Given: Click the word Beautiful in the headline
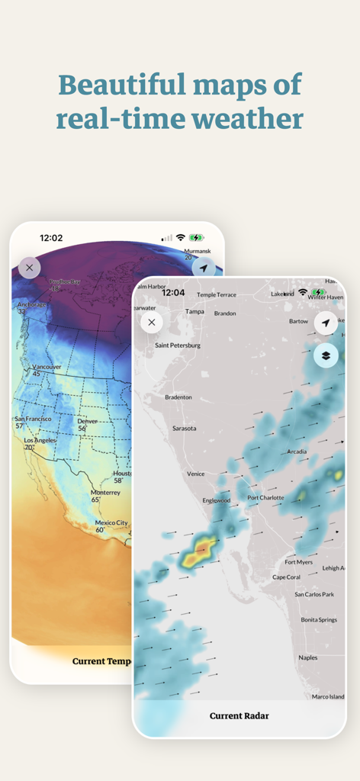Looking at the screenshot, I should pyautogui.click(x=116, y=84).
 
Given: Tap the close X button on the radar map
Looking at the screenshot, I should pyautogui.click(x=152, y=322).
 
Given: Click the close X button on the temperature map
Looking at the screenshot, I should pyautogui.click(x=29, y=268).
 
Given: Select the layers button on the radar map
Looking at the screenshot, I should pyautogui.click(x=326, y=355).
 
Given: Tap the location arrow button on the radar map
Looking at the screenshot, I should pyautogui.click(x=326, y=323).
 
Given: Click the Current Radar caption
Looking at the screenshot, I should pyautogui.click(x=239, y=715).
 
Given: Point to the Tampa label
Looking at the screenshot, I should pyautogui.click(x=194, y=312).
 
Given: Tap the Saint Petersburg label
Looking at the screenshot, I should pyautogui.click(x=178, y=345).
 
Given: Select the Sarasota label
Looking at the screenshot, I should pyautogui.click(x=184, y=429).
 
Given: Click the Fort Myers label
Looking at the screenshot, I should pyautogui.click(x=299, y=562).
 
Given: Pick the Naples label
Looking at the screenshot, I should pyautogui.click(x=308, y=657).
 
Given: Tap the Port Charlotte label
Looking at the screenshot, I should pyautogui.click(x=265, y=498).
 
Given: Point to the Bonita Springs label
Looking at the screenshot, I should pyautogui.click(x=319, y=620).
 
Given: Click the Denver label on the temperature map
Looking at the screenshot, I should pyautogui.click(x=87, y=421).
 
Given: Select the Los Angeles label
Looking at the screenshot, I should pyautogui.click(x=40, y=441).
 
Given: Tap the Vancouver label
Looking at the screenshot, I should pyautogui.click(x=47, y=367).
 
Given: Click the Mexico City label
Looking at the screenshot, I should pyautogui.click(x=111, y=523).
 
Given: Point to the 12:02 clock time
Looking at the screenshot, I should pyautogui.click(x=51, y=238).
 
